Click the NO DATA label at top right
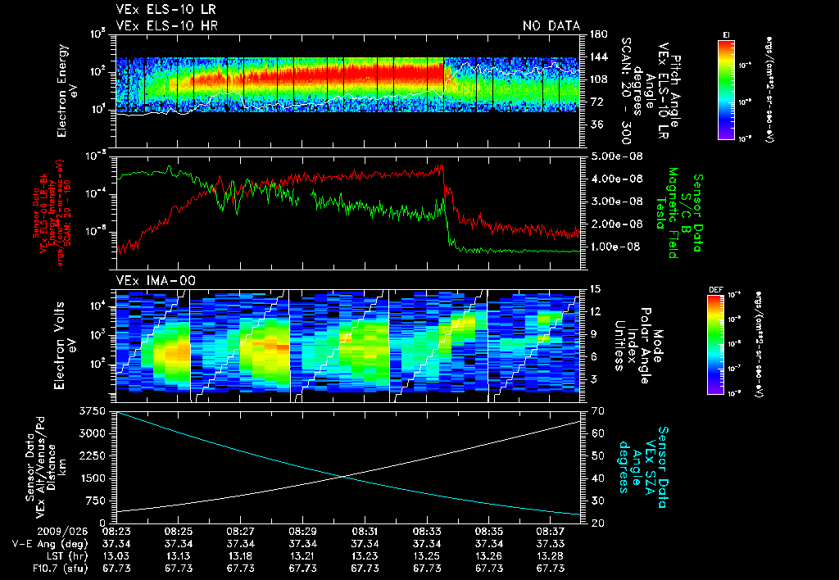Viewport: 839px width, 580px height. (551, 26)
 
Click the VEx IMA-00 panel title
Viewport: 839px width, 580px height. (156, 280)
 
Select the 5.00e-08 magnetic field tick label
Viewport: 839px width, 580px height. (611, 156)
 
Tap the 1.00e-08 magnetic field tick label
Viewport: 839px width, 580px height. (611, 247)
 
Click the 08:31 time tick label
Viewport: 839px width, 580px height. (365, 531)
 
